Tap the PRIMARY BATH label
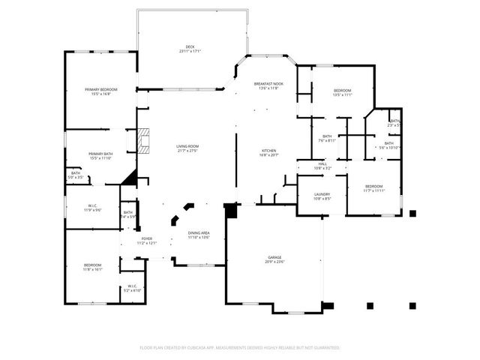click(100, 155)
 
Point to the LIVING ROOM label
click(187, 148)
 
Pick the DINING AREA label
click(199, 235)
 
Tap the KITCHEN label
click(269, 152)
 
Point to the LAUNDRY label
click(322, 196)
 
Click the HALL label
click(322, 165)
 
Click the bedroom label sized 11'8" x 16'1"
click(93, 266)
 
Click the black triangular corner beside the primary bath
click(130, 178)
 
